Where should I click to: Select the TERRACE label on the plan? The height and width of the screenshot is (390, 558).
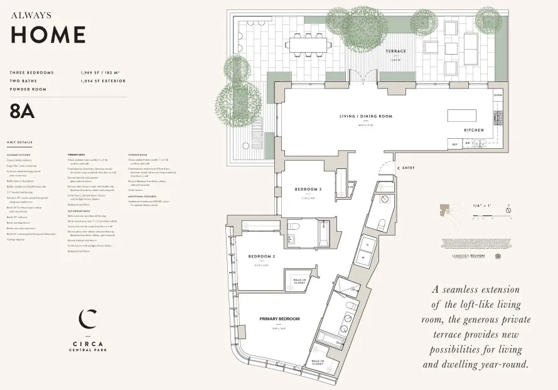[x=395, y=51]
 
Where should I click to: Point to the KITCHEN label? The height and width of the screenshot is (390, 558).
[x=473, y=130]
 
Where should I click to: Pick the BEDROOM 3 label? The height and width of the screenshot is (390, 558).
[x=308, y=189]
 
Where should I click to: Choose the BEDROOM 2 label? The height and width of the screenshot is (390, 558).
[x=261, y=256]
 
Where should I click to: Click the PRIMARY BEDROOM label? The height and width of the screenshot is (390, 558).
[x=279, y=319]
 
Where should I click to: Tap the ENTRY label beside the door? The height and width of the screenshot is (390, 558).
[x=408, y=168]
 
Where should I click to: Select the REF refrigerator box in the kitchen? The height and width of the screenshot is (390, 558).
[x=454, y=144]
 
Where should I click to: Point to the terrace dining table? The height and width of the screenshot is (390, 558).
[x=308, y=45]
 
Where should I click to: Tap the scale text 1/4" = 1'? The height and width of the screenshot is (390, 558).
[x=482, y=206]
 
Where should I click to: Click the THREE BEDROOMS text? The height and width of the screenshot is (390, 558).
[x=32, y=73]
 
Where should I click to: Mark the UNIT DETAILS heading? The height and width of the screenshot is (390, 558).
[x=19, y=142]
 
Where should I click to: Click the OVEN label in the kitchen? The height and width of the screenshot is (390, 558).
[x=498, y=95]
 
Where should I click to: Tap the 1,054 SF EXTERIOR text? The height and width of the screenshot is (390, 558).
[x=103, y=81]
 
